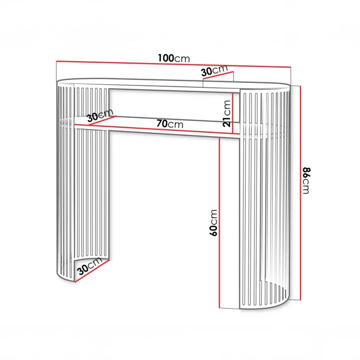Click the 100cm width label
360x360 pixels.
(174, 58)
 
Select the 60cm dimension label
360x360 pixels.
(214, 223)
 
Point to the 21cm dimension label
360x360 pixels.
(227, 113)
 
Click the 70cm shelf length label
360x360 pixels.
(170, 124)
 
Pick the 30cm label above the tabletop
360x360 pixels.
(215, 71)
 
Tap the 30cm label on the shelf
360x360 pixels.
(100, 115)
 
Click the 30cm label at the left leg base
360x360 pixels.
(90, 266)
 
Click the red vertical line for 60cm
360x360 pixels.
(219, 223)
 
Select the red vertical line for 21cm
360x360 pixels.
(233, 113)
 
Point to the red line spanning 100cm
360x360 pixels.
(174, 64)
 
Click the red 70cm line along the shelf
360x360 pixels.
(161, 129)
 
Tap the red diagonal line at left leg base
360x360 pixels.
(92, 271)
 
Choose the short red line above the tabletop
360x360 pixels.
(218, 75)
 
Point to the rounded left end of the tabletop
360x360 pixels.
(59, 81)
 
